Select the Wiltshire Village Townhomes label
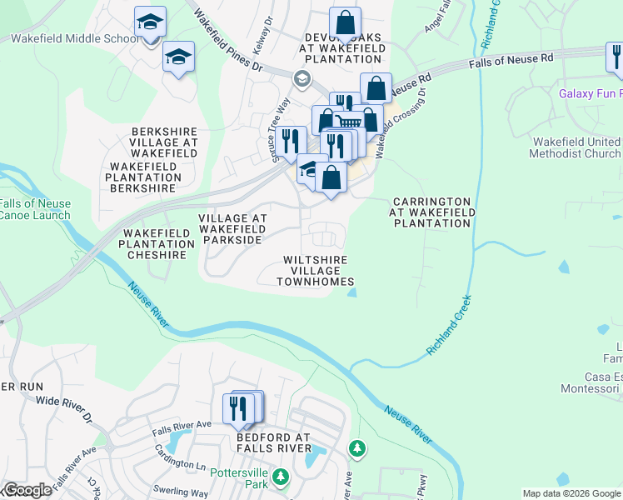(316, 271)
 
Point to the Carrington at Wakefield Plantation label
(432, 212)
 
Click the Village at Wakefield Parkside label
(232, 229)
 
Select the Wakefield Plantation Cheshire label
(157, 243)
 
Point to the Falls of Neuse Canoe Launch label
(35, 209)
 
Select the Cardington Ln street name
(180, 457)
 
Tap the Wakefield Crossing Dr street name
(401, 125)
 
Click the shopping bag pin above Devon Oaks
(345, 22)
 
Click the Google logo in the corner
(27, 490)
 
